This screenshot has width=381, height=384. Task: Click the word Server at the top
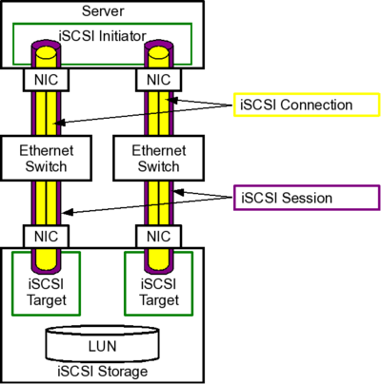(x=102, y=10)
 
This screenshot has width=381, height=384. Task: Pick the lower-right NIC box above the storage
(x=160, y=235)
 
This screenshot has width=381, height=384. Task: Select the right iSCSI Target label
(x=160, y=291)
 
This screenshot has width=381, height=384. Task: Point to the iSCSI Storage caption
(x=102, y=371)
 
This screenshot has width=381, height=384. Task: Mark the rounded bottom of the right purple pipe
(x=160, y=265)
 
